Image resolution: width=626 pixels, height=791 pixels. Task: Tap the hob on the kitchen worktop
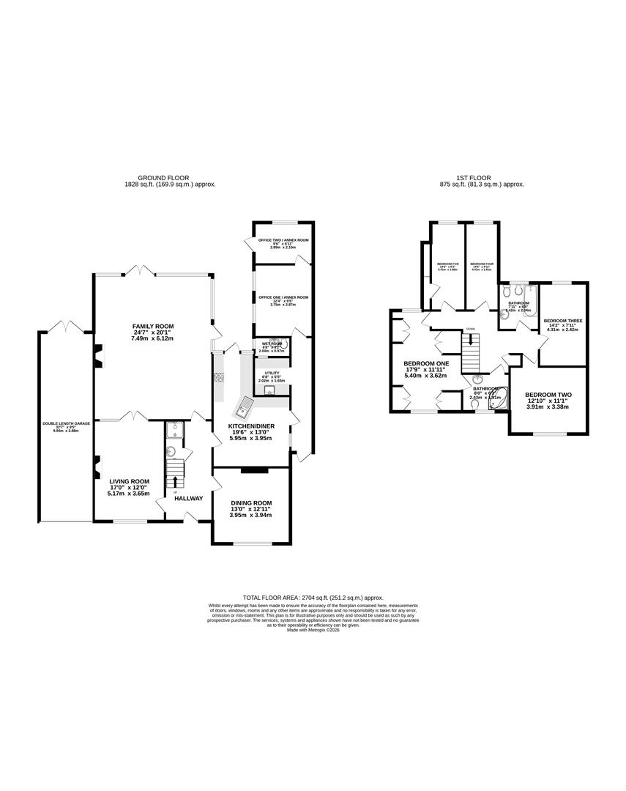pyautogui.click(x=218, y=378)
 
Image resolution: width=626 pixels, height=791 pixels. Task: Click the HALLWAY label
pyautogui.click(x=188, y=499)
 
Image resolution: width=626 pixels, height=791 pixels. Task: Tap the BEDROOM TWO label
pyautogui.click(x=548, y=395)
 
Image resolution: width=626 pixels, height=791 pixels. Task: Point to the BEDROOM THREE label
pyautogui.click(x=563, y=321)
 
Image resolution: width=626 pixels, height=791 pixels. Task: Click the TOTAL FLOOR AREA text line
pyautogui.click(x=313, y=598)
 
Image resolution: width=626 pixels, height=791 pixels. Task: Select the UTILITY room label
pyautogui.click(x=264, y=373)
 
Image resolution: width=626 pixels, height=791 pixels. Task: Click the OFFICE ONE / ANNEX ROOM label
pyautogui.click(x=283, y=297)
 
